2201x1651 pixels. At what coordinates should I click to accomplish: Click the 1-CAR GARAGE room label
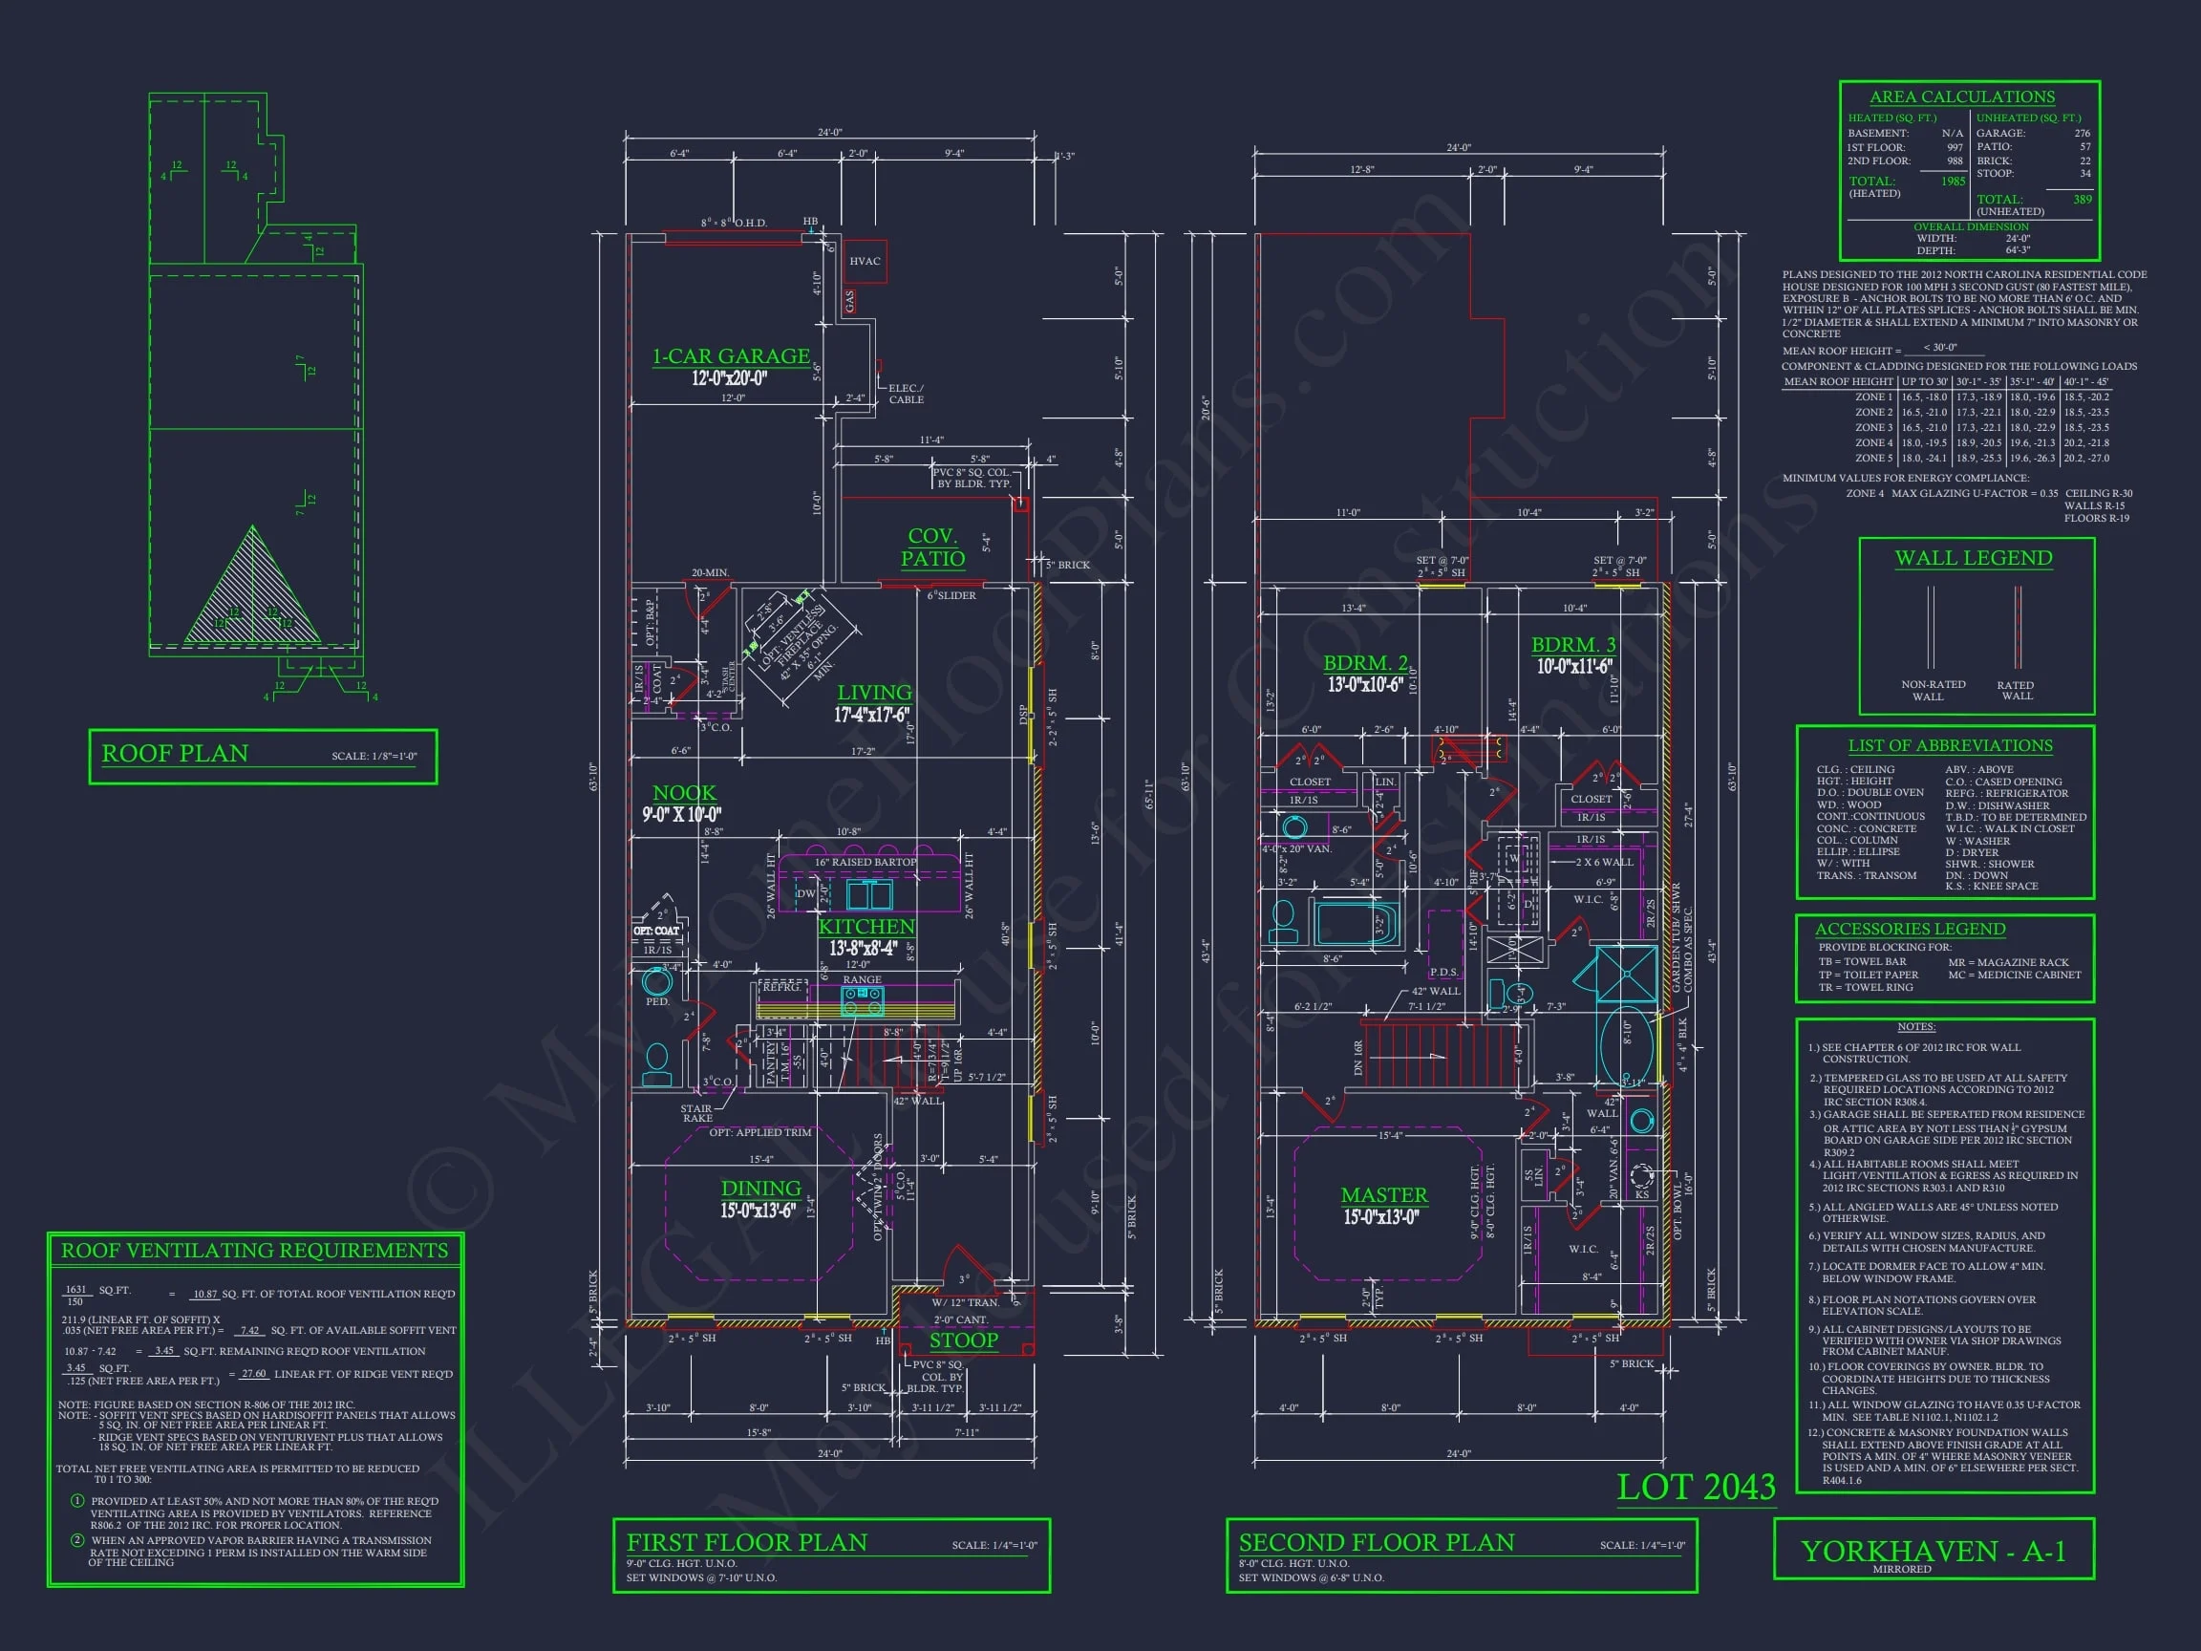731,356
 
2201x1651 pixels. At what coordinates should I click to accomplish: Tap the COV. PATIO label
932,547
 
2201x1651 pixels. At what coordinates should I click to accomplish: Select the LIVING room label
874,693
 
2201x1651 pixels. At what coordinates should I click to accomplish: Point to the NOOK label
684,793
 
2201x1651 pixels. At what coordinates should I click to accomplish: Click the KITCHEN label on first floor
865,927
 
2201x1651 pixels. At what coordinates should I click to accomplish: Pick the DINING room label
760,1189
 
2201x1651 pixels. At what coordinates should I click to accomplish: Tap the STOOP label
963,1340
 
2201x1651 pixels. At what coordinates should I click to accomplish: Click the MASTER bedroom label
1383,1195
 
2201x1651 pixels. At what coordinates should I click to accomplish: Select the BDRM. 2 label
1365,663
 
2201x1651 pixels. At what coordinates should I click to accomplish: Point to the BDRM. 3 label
1573,645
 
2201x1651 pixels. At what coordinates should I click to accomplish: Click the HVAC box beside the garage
864,262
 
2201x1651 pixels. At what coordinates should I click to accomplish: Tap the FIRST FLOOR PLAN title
746,1542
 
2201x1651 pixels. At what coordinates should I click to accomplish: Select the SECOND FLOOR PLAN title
1377,1542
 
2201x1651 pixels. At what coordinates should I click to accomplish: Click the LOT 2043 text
1696,1488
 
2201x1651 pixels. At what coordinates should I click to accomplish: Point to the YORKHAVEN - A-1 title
1933,1552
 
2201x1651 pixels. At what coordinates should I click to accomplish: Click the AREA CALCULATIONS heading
1961,96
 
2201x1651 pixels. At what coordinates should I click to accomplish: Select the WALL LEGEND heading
1973,558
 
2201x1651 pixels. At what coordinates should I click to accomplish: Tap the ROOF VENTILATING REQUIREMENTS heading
255,1251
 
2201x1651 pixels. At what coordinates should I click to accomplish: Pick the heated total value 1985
1953,182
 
